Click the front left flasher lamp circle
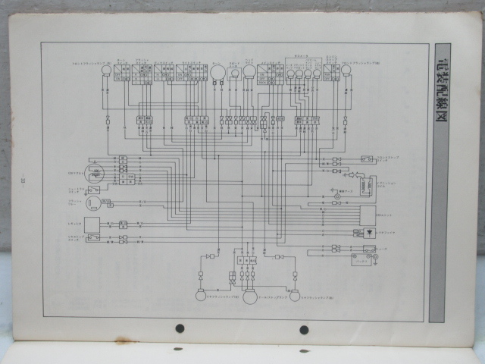click(x=107, y=71)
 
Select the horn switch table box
click(x=142, y=72)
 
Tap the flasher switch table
click(x=164, y=72)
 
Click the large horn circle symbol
click(x=218, y=72)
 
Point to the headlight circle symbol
click(x=249, y=71)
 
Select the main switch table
click(x=271, y=72)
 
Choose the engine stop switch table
click(x=331, y=72)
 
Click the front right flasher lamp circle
click(x=347, y=71)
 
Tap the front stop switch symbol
click(x=367, y=159)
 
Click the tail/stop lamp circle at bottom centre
click(x=249, y=297)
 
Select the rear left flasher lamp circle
click(x=201, y=295)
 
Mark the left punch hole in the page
click(x=180, y=328)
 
